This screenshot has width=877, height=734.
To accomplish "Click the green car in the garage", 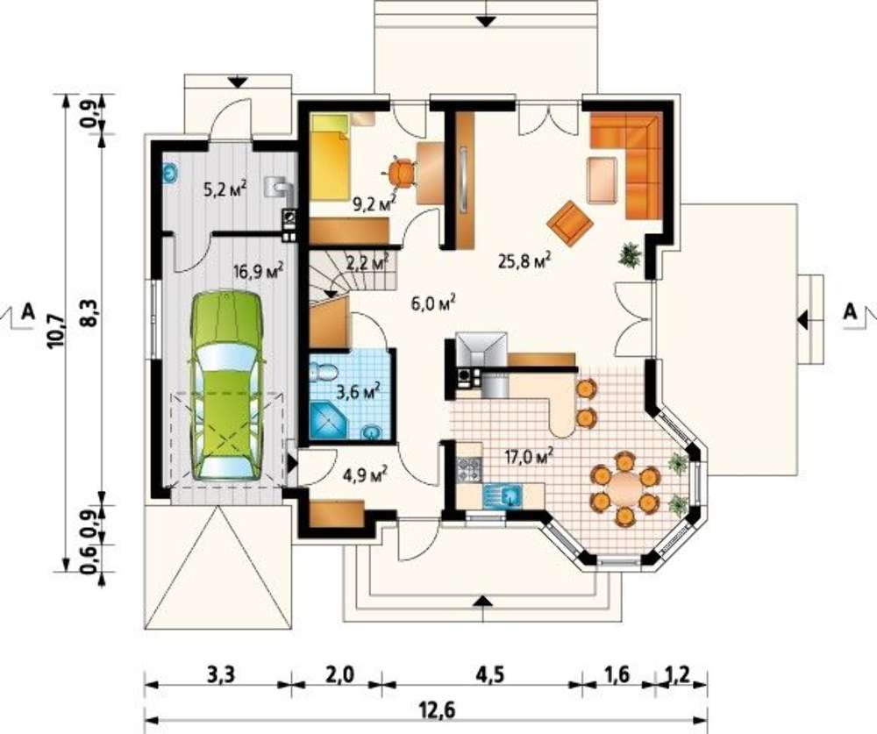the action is (x=226, y=385).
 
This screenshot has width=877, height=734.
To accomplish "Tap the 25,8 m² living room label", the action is (x=524, y=260).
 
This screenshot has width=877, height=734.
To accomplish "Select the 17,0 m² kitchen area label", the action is (x=529, y=456).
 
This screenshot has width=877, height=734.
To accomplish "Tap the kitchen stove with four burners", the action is (x=468, y=469).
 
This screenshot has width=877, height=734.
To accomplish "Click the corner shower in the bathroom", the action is (x=327, y=419).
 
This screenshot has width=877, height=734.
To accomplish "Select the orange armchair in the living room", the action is (x=570, y=222).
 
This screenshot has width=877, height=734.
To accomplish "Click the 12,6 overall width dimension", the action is (x=437, y=711).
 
